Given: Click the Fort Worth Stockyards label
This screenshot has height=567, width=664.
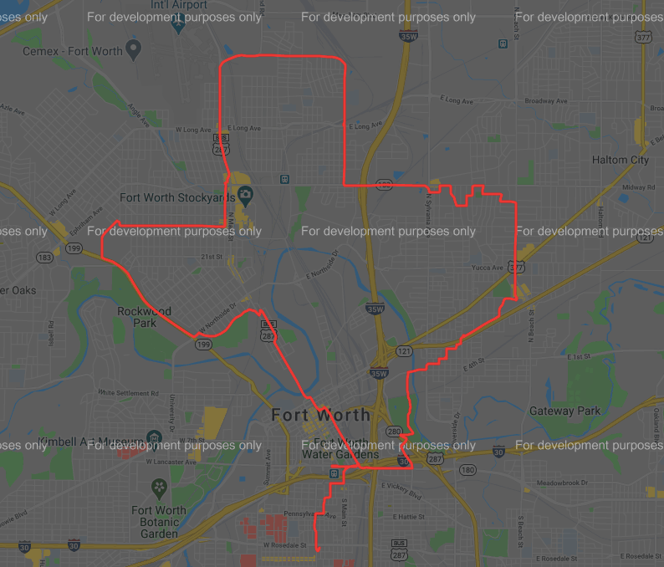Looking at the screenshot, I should click(176, 198).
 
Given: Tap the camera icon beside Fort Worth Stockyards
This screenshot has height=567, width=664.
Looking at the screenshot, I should click(246, 197).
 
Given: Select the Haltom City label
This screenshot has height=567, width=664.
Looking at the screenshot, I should click(620, 160).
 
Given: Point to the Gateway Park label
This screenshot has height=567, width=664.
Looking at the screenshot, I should click(564, 411).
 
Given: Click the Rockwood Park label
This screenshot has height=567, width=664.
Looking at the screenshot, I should click(144, 317).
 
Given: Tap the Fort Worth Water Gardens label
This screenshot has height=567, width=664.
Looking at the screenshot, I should click(340, 449).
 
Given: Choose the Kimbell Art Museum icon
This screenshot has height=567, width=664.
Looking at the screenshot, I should click(154, 438).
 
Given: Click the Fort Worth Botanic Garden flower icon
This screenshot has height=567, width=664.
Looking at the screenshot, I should click(159, 486).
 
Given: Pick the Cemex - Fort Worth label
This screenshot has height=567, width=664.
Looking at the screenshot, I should click(74, 51).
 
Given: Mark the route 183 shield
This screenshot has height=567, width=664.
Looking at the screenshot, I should click(43, 258).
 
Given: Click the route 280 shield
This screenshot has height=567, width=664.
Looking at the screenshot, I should click(393, 432).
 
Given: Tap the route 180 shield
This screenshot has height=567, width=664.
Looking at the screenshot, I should click(467, 470).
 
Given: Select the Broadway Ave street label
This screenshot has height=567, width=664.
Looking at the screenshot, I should click(545, 101).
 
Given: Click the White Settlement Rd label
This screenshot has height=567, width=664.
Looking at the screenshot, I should click(128, 392).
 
